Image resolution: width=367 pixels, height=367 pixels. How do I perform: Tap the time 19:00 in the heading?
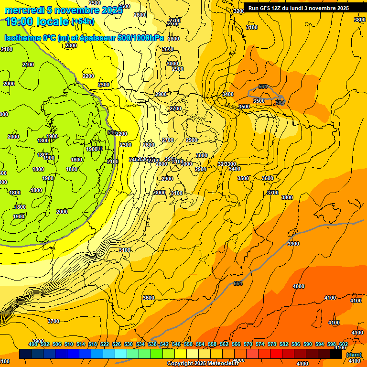pos(21,22)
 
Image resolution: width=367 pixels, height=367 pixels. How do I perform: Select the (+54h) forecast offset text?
pos(83,22)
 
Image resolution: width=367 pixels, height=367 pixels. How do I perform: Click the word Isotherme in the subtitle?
pos(22,38)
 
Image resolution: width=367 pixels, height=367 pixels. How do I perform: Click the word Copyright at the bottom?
pos(180,364)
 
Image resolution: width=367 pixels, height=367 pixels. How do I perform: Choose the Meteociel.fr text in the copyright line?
pos(223,364)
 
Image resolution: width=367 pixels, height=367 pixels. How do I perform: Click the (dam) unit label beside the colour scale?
pos(354,355)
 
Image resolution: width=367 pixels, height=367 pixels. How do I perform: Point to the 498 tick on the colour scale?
pos(33,344)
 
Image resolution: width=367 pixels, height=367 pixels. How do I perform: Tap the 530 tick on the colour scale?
pos(129,344)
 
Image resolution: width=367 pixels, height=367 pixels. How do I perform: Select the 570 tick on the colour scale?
pos(248,344)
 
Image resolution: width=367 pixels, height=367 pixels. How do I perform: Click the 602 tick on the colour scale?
pos(344,344)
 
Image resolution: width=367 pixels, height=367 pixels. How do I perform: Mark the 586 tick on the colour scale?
pos(296,344)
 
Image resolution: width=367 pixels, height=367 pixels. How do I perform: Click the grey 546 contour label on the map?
pos(112,132)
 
